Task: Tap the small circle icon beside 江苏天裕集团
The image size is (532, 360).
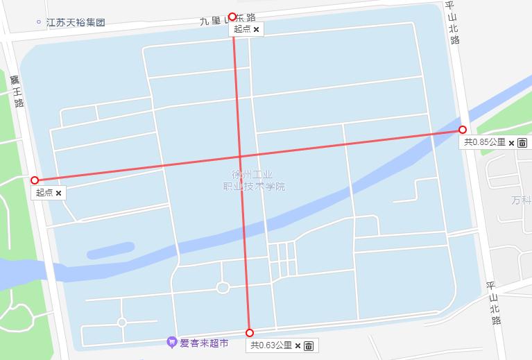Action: point(39,22)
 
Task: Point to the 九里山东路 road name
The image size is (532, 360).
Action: point(228,19)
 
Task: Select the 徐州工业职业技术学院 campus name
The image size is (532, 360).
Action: point(253,181)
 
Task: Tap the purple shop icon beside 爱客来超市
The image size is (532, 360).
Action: point(172,342)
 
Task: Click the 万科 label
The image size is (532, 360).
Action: point(520,200)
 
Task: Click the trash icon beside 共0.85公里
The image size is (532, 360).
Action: point(522,143)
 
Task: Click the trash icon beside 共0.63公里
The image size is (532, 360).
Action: point(309,345)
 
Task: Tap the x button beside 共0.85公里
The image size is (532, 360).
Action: point(511,143)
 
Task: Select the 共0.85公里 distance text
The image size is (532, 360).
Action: point(485,142)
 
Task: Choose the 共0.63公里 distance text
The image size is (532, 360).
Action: point(271,345)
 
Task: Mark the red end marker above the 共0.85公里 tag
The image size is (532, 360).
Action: point(462,130)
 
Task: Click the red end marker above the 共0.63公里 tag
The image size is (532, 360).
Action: point(250,333)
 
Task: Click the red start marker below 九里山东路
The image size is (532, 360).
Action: point(232,17)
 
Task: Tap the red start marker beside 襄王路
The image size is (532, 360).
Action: point(35,180)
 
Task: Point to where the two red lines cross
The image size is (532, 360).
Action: point(241,156)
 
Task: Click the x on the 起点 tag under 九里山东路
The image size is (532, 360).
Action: point(256,29)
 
